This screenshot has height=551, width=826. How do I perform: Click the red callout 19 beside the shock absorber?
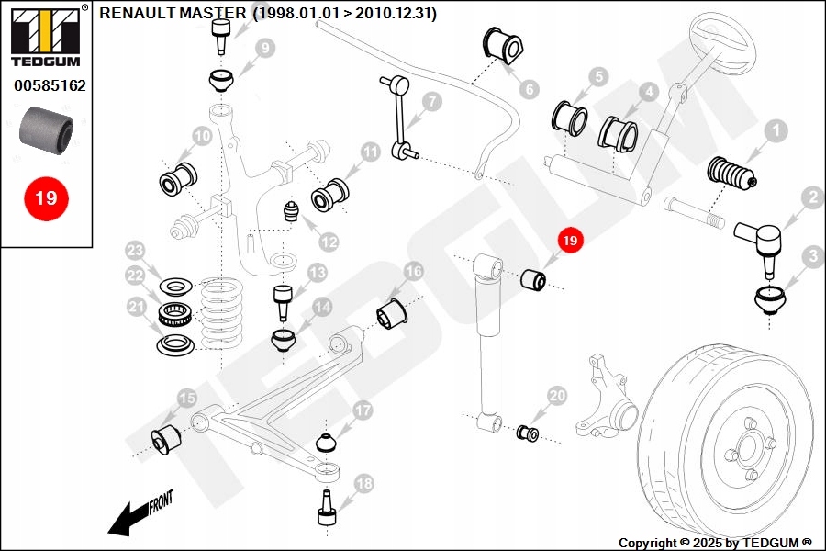(570, 241)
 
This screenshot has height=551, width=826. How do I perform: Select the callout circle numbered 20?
(557, 397)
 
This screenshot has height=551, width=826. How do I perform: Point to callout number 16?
(414, 272)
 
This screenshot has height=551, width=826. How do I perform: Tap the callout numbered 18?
(364, 483)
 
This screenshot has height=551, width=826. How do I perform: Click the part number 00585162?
(50, 86)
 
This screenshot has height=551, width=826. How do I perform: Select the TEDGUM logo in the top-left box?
(45, 37)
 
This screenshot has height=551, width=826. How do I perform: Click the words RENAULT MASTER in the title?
(173, 14)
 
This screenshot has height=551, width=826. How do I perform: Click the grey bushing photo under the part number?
(45, 129)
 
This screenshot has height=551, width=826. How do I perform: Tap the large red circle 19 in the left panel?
(45, 197)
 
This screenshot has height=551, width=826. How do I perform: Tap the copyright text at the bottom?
(715, 543)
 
